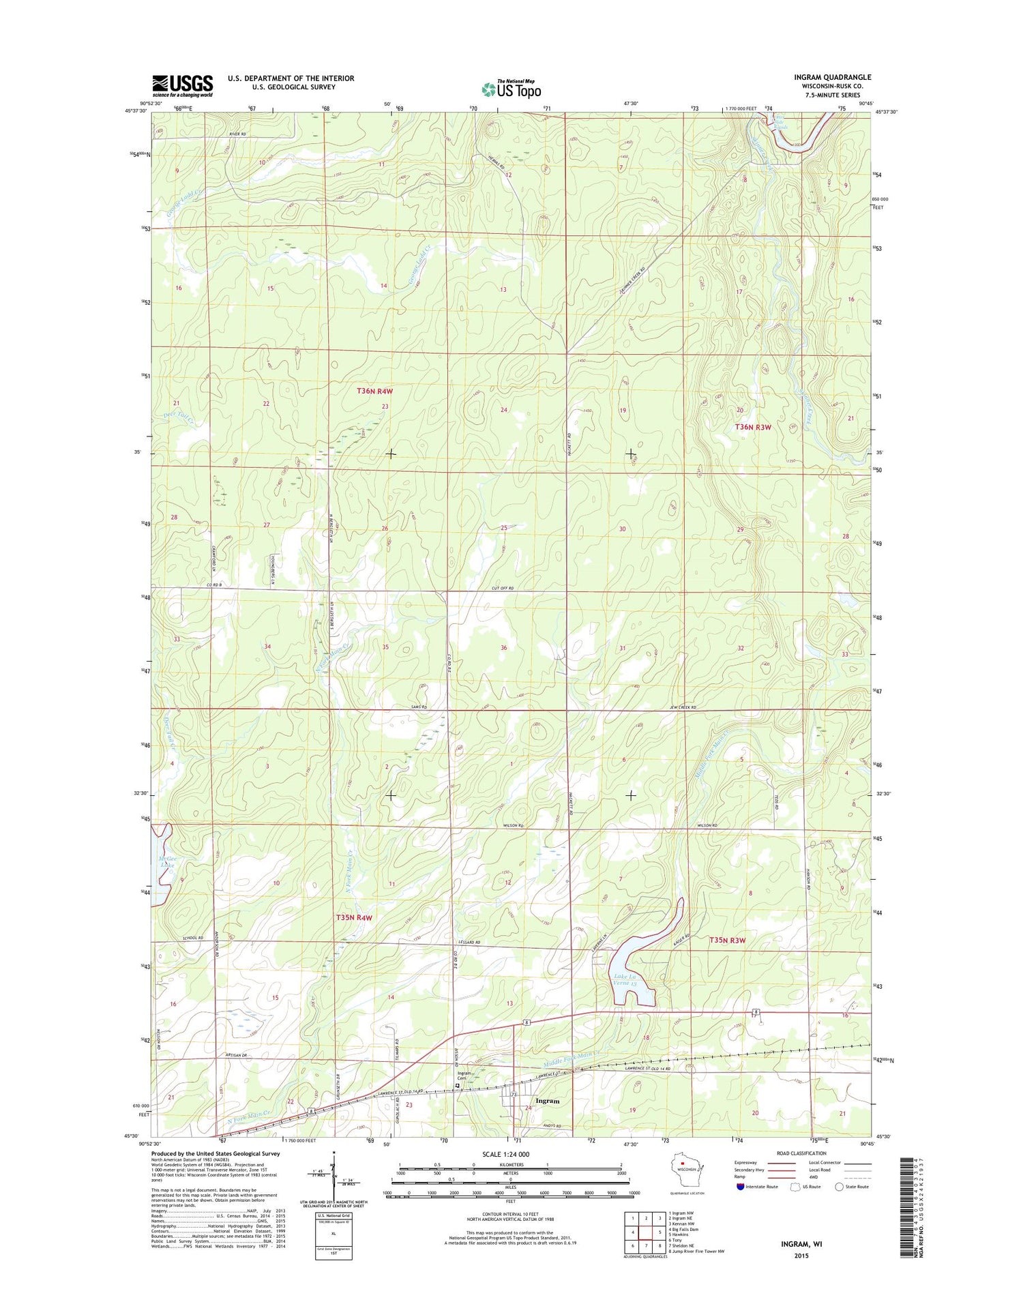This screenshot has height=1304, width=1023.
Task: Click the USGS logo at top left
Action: pos(182,86)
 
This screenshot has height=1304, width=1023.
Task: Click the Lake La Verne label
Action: pos(624,980)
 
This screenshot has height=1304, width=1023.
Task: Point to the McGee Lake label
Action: pos(167,861)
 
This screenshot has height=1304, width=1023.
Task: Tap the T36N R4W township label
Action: pos(375,391)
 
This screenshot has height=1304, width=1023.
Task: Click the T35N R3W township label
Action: pos(727,940)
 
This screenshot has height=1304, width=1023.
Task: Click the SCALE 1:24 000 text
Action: pos(505,1154)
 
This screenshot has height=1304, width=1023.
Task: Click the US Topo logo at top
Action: pos(511,89)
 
